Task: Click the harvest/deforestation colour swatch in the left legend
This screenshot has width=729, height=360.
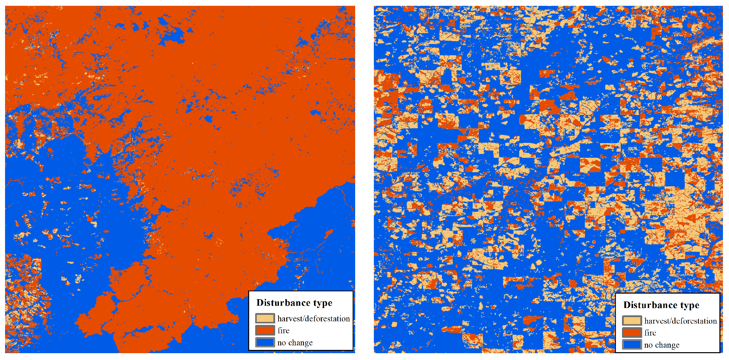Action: pos(265,318)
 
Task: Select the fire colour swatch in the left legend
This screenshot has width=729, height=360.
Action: pos(265,330)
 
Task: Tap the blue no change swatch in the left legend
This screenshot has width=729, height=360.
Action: pos(265,342)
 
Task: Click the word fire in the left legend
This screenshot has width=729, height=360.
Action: pos(283,330)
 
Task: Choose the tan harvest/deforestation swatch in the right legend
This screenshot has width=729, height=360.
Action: pos(632,320)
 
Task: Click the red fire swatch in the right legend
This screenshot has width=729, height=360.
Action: pos(632,332)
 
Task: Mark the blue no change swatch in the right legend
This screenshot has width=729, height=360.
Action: pos(632,345)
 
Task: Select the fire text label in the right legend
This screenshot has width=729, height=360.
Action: pos(650,333)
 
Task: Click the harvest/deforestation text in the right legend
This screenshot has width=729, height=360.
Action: pos(680,321)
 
